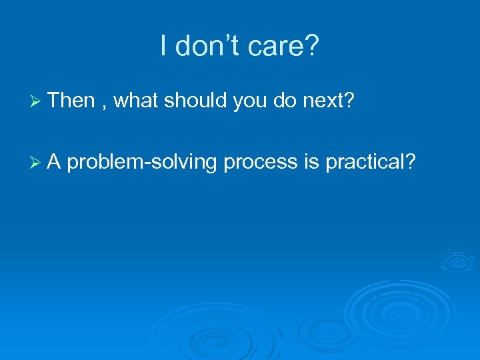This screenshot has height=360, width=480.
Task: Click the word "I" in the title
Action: coord(164,46)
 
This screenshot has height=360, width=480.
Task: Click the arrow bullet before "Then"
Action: coord(37,101)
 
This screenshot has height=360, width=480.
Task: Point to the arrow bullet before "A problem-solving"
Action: coord(37,162)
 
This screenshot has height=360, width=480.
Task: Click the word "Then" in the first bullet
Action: coord(72,101)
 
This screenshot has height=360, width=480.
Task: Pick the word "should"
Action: coord(196,101)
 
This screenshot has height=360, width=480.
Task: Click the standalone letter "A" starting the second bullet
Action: coord(55,161)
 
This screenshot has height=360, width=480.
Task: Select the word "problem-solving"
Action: coord(142,163)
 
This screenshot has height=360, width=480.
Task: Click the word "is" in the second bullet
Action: coord(311,161)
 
